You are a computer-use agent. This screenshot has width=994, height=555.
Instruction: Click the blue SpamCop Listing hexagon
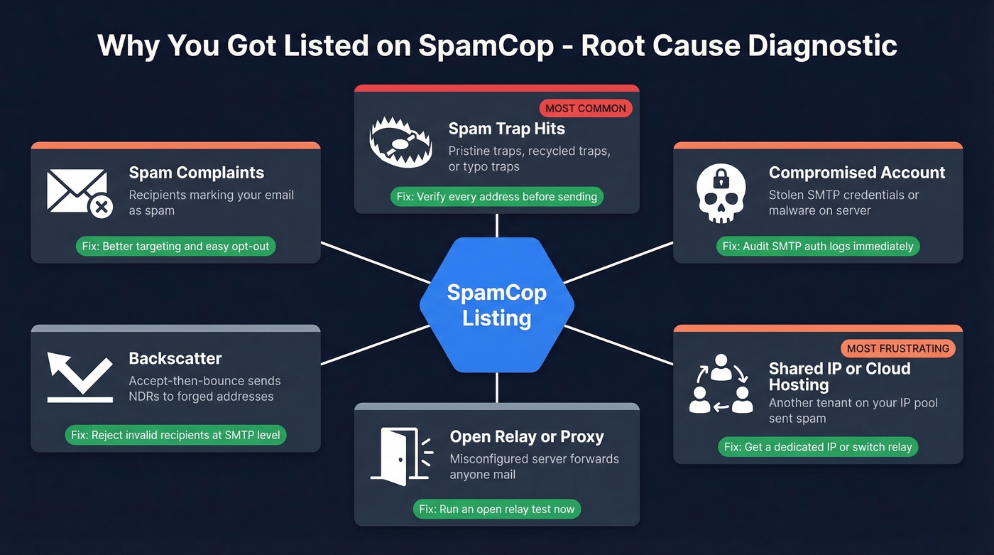pyautogui.click(x=496, y=305)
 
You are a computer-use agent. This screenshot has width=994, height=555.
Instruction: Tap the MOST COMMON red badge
pyautogui.click(x=586, y=109)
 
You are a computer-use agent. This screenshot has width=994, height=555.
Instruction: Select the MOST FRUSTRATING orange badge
pyautogui.click(x=898, y=348)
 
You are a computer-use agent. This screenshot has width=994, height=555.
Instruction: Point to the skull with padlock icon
pyautogui.click(x=721, y=192)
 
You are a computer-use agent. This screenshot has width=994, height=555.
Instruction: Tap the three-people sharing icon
pyautogui.click(x=721, y=384)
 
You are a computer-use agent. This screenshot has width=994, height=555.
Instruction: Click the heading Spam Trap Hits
pyautogui.click(x=506, y=129)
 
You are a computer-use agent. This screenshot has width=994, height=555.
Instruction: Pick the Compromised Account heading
pyautogui.click(x=856, y=173)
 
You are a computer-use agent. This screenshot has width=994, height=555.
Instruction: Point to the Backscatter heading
pyautogui.click(x=175, y=359)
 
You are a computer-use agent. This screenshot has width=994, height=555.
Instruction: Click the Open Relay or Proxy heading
pyautogui.click(x=527, y=436)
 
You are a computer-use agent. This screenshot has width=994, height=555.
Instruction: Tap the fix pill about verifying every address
pyautogui.click(x=496, y=196)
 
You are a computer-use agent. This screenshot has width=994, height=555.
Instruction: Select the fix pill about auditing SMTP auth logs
pyautogui.click(x=818, y=247)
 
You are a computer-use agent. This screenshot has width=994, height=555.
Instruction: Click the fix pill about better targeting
pyautogui.click(x=175, y=247)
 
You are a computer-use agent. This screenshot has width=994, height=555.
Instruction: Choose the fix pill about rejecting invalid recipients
pyautogui.click(x=175, y=435)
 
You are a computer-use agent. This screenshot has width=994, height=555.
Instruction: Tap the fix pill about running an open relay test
pyautogui.click(x=496, y=509)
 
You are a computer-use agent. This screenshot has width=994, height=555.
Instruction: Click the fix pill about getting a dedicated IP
pyautogui.click(x=818, y=447)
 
